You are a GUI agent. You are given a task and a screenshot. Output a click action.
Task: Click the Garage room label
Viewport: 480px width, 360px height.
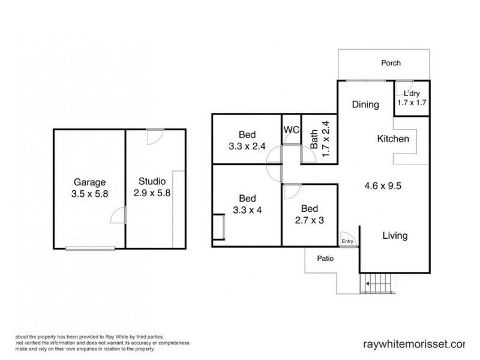click(89, 182)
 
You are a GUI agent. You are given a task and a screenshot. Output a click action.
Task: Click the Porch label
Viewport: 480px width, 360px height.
click(391, 63)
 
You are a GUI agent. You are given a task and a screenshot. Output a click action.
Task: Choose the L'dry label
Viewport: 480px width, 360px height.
click(412, 94)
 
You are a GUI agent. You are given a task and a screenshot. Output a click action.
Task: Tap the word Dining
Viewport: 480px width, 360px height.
click(365, 104)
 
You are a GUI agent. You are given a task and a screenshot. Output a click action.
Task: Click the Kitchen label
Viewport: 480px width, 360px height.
click(392, 139)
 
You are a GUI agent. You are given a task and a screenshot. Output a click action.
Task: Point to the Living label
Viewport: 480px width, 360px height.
click(395, 235)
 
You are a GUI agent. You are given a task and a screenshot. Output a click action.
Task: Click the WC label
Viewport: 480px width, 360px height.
click(291, 130)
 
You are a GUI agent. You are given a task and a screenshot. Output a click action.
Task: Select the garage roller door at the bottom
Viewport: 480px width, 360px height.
click(90, 247)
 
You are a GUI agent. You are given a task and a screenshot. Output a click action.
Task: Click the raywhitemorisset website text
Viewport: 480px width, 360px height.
click(414, 344)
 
